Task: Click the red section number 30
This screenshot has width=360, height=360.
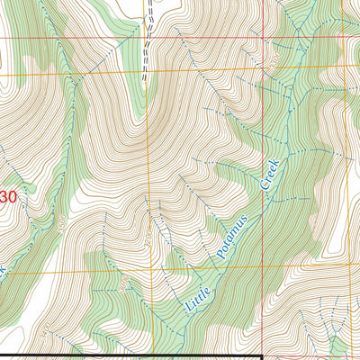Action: pos(8,196)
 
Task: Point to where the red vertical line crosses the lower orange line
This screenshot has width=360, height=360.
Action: pos(262,267)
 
